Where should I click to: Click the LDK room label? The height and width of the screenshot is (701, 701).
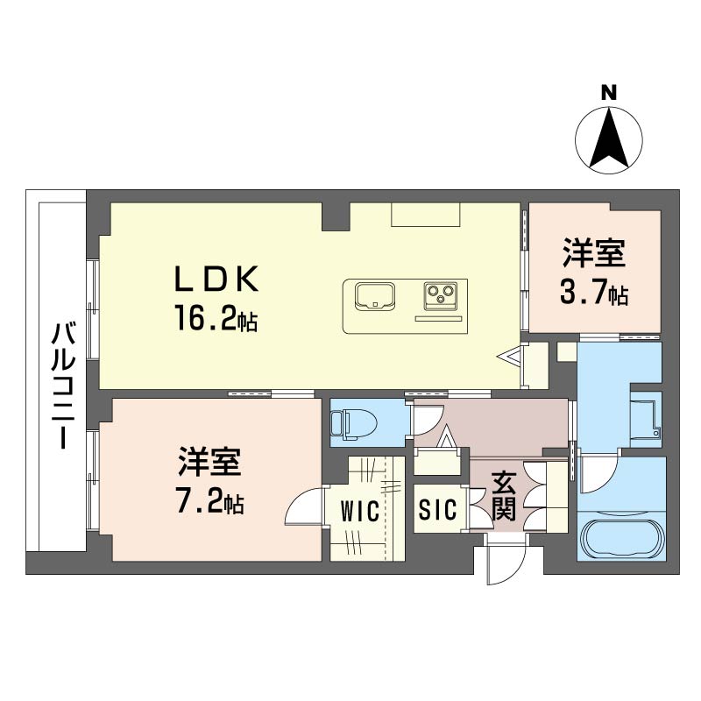[x=216, y=280]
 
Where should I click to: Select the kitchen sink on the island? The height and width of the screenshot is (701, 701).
[x=376, y=295]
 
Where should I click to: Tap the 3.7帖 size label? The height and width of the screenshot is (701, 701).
[x=593, y=293]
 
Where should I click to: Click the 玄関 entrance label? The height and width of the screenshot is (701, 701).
[x=503, y=496]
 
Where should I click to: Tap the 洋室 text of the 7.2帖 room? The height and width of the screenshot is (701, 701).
[x=210, y=463]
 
